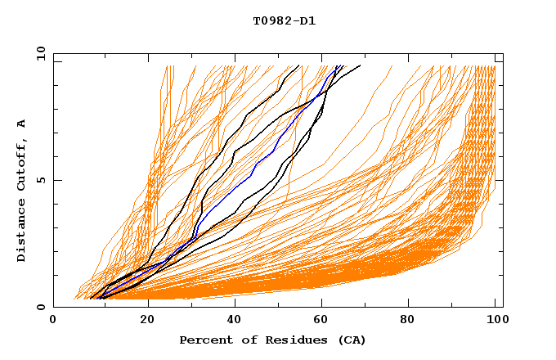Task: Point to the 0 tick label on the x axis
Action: [x=53, y=321]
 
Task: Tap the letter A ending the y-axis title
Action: [x=22, y=123]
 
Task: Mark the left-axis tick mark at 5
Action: [x=56, y=180]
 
